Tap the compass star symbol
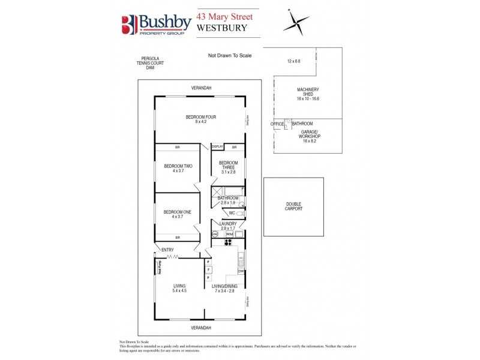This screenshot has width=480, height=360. [x=296, y=23]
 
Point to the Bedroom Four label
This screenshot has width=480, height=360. [x=200, y=117]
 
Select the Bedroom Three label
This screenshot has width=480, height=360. [x=229, y=163]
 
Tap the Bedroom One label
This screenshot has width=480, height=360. [x=178, y=212]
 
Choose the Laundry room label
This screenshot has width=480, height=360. [x=229, y=224]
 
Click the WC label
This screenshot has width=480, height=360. [x=231, y=213]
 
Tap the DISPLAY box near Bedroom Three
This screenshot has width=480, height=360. [x=217, y=146]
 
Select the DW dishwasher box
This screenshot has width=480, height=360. [x=241, y=271]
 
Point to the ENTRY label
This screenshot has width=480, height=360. [x=168, y=250]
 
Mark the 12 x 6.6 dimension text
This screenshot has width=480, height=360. [x=293, y=61]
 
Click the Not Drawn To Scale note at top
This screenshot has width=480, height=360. [x=229, y=56]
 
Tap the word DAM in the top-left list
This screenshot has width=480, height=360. [x=150, y=67]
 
